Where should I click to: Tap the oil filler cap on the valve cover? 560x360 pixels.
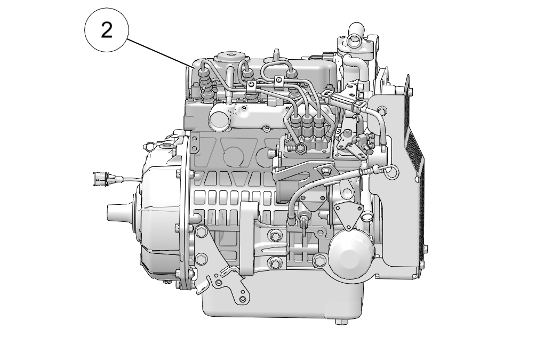(230, 57)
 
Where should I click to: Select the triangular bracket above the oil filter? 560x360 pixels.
(348, 213)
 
